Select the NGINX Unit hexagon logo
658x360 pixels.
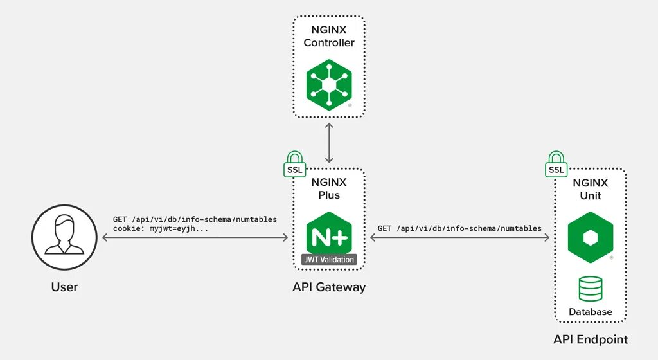point(590,237)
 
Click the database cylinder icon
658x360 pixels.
point(590,289)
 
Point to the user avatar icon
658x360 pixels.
point(64,238)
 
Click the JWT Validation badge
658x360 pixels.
point(329,260)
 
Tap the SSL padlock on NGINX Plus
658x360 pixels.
point(294,165)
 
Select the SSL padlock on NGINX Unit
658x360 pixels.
point(556,165)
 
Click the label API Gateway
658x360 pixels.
point(329,287)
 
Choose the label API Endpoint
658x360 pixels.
point(590,339)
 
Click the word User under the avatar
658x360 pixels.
point(64,287)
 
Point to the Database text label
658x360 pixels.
point(590,312)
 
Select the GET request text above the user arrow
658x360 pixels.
point(195,219)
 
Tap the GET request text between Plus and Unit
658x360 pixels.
point(459,228)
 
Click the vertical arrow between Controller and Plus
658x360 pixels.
point(329,143)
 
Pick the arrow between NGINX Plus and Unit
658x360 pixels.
point(459,238)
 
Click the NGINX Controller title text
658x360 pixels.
point(329,37)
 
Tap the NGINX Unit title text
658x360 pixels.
point(590,189)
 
